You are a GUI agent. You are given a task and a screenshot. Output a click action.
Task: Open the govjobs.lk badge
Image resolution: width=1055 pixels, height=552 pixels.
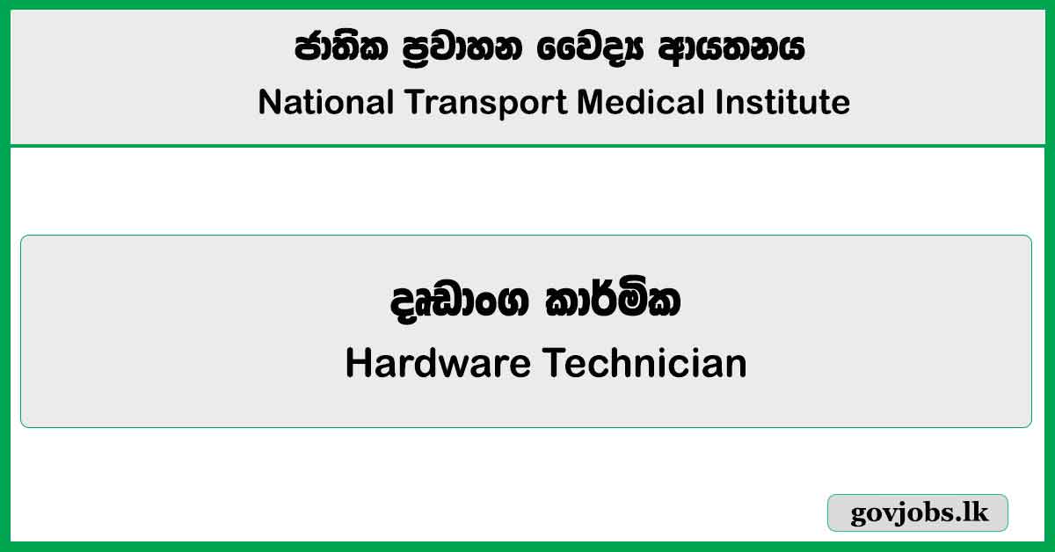pos(918,513)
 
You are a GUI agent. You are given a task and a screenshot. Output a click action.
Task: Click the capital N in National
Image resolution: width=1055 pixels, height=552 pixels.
pos(268,103)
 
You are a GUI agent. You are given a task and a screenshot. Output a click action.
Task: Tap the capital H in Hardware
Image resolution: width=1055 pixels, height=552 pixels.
pos(357,363)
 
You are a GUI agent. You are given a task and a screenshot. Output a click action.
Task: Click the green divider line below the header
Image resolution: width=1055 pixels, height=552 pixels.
pos(527,146)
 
